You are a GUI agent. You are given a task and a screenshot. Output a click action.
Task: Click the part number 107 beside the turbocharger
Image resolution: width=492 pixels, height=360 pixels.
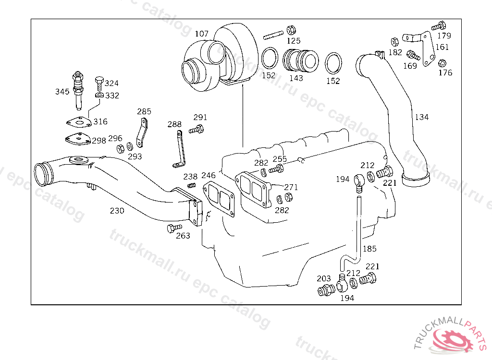click(202, 34)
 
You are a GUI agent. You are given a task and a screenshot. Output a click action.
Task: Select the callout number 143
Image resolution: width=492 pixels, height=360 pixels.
click(296, 78)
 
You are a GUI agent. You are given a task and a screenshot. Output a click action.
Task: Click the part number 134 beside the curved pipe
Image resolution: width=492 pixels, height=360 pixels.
click(422, 117)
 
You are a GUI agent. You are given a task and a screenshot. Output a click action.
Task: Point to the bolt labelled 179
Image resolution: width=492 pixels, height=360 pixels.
click(439, 26)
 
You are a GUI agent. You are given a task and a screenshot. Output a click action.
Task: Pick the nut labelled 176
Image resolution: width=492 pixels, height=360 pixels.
click(442, 63)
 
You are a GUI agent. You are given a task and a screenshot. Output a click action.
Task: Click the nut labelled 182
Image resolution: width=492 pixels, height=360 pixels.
click(395, 42)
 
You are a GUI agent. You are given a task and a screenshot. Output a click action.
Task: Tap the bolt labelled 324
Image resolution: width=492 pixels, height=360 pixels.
click(99, 83)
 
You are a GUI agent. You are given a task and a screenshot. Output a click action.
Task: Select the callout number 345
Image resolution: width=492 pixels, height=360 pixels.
click(62, 92)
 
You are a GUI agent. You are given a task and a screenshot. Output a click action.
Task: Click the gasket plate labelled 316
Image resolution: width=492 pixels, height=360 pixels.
click(79, 122)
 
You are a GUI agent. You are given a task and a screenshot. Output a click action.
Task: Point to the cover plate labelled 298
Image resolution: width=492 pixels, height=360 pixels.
click(77, 139)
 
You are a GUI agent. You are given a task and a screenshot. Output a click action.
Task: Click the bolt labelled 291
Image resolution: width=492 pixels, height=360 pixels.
click(196, 129)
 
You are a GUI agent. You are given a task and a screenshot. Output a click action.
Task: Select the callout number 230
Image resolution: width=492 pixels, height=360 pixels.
click(117, 211)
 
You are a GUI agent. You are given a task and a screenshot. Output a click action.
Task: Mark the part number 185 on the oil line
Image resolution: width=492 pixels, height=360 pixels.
click(369, 249)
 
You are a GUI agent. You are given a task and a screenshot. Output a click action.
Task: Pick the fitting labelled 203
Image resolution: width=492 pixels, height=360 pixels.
click(325, 290)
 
